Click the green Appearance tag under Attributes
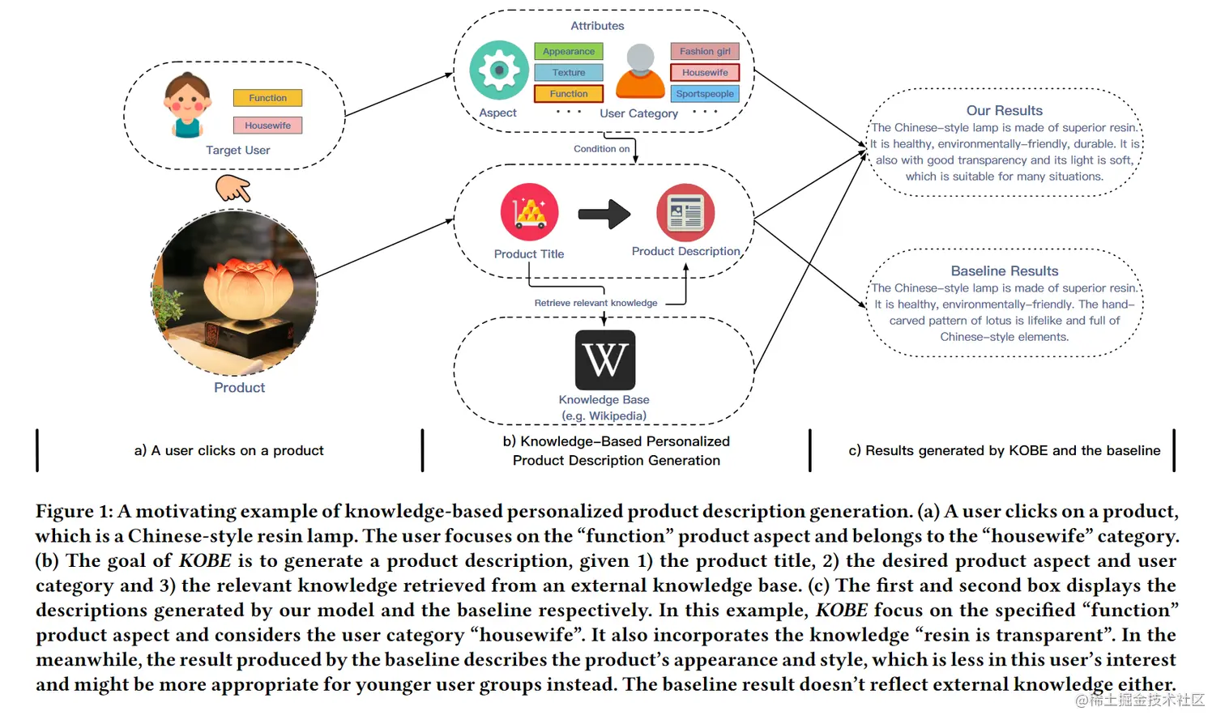pos(569,51)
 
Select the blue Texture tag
pos(569,73)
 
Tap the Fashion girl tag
pos(705,51)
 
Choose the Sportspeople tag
pos(705,94)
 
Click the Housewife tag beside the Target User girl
pos(267,126)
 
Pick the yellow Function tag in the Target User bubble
pos(267,98)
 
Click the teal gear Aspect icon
pos(499,70)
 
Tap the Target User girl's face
pos(187,100)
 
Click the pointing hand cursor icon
pos(233,188)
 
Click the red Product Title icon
pos(530,212)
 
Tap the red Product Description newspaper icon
pos(685,213)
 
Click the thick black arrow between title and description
pos(604,215)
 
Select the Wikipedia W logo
pos(605,360)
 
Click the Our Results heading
pos(1004,111)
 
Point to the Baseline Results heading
pos(1004,271)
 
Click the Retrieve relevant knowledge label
pos(595,303)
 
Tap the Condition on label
pos(601,149)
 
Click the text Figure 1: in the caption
pos(74,512)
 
